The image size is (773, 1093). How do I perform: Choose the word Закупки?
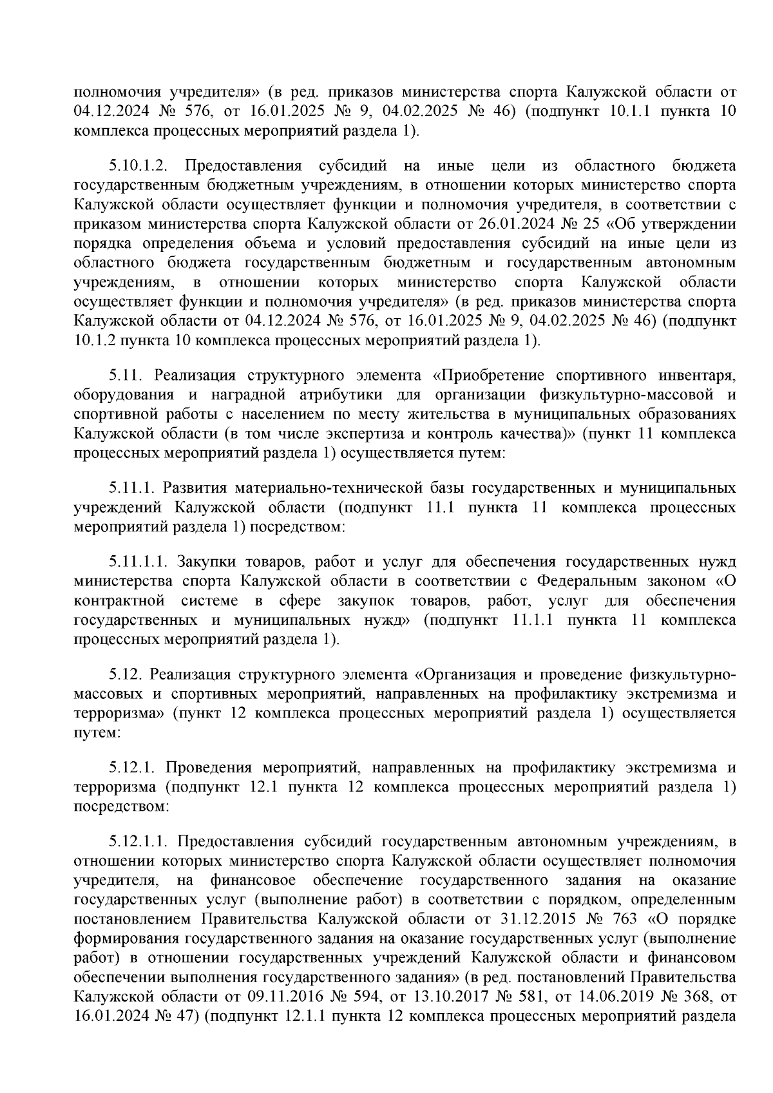204,562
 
